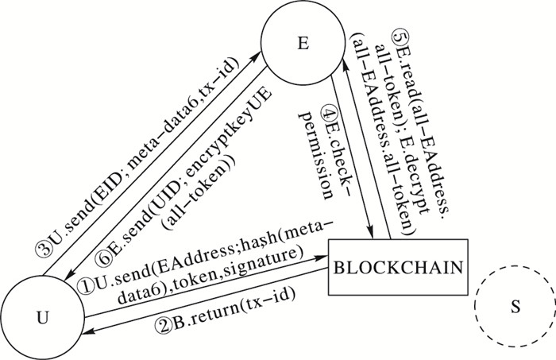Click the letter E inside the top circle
(302, 43)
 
